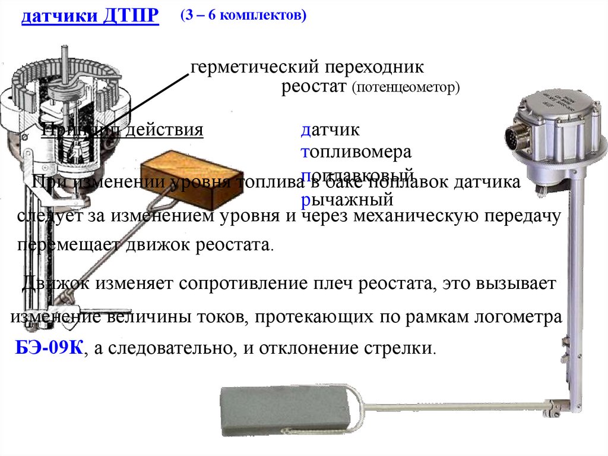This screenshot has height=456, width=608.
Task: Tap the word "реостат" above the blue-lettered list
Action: tap(313, 87)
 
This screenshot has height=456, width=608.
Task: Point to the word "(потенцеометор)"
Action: tap(406, 88)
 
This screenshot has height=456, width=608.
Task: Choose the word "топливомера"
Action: tap(356, 152)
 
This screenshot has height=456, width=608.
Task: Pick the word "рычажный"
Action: tap(347, 199)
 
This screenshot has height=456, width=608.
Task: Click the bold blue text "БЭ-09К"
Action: tap(49, 348)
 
